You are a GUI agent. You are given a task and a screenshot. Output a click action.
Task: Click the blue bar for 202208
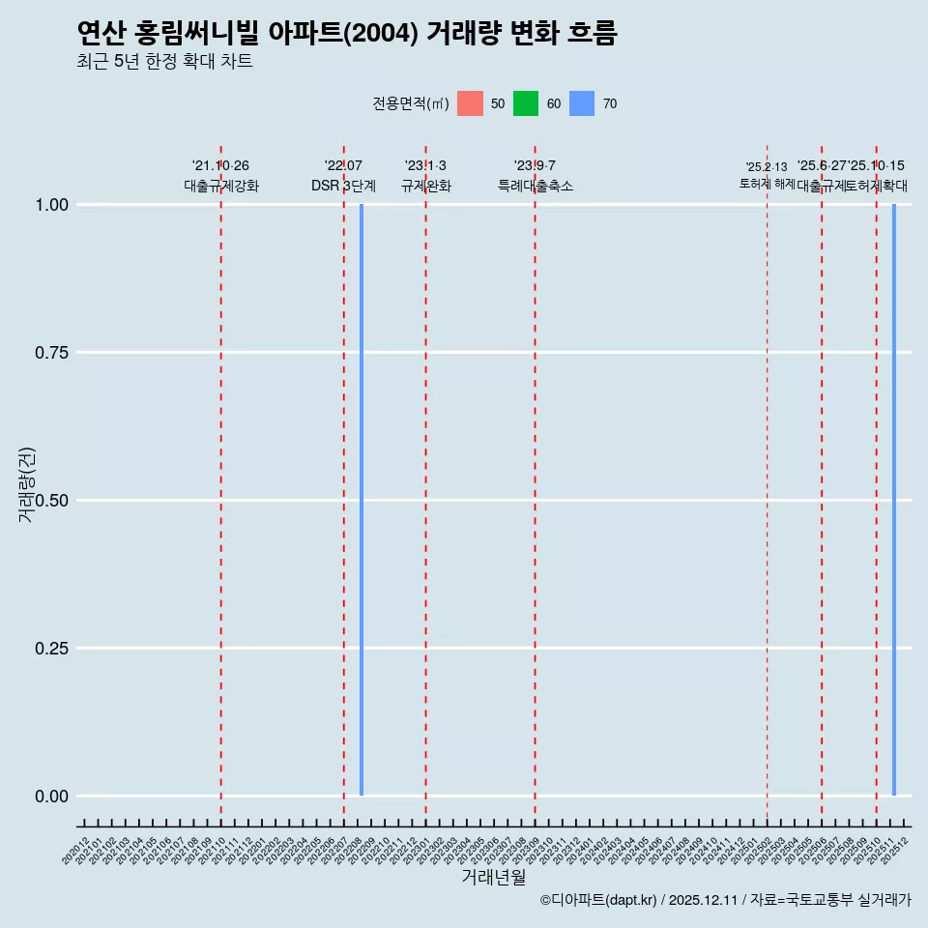(362, 500)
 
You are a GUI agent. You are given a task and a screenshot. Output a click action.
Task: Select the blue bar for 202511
(894, 500)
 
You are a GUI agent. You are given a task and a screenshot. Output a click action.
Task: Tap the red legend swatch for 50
(470, 103)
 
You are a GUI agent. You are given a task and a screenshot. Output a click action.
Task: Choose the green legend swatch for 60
(526, 103)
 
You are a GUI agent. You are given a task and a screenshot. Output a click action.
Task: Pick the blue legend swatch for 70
(582, 103)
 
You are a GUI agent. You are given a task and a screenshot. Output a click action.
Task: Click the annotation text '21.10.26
(220, 166)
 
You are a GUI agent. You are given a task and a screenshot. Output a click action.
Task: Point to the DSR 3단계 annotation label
(343, 186)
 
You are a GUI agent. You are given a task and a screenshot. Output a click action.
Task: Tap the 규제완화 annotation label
(425, 186)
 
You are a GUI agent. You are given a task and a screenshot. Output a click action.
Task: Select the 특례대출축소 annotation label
(535, 186)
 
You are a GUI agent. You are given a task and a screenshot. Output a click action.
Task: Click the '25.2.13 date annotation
(767, 167)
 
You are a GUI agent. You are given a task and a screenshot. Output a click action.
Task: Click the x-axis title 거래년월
(493, 878)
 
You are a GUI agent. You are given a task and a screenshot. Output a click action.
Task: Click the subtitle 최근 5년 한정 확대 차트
(164, 62)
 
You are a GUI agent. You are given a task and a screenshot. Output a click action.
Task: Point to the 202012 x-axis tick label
(77, 851)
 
